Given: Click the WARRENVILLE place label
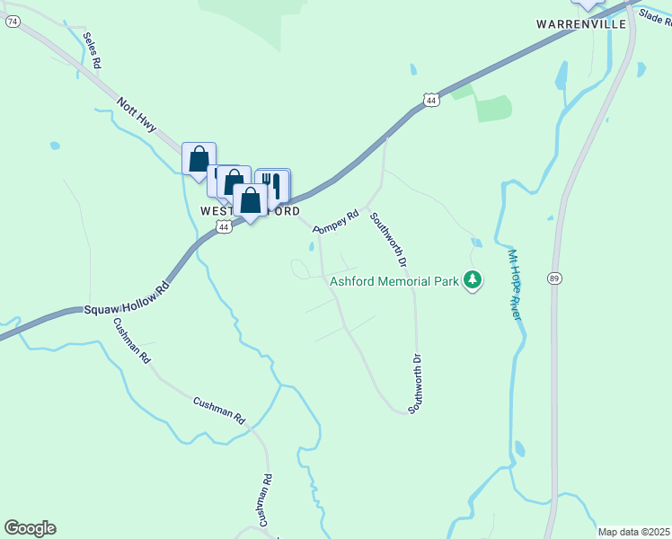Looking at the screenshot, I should point(580,23).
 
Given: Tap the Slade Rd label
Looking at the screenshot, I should point(655,15).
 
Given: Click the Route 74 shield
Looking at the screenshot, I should point(13,22).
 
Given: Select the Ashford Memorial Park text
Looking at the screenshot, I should point(393,281).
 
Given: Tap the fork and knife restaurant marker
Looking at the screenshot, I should point(273,184).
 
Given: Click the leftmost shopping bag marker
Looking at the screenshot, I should point(199,159).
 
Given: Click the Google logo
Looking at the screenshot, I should point(30,528).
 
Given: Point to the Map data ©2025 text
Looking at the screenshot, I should point(633,532).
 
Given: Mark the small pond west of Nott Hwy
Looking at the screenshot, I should point(55,145).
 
